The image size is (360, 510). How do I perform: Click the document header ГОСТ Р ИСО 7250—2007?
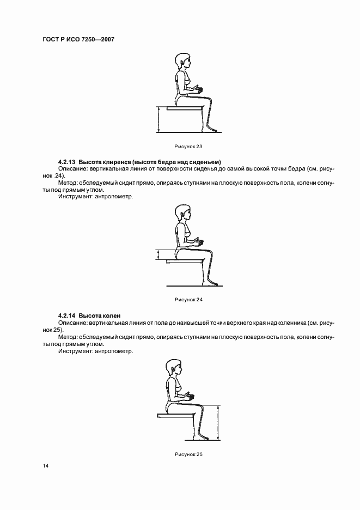click(77, 39)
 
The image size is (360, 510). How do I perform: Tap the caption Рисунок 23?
click(188, 147)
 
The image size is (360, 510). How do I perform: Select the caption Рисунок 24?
click(188, 300)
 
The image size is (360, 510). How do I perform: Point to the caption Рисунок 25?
click(188, 454)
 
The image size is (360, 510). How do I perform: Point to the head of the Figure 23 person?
click(181, 61)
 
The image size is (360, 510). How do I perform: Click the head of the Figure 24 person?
click(181, 214)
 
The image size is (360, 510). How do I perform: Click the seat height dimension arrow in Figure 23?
click(158, 120)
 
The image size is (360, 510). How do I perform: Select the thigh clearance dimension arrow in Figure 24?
click(158, 255)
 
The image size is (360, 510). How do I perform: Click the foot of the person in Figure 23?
click(213, 130)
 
